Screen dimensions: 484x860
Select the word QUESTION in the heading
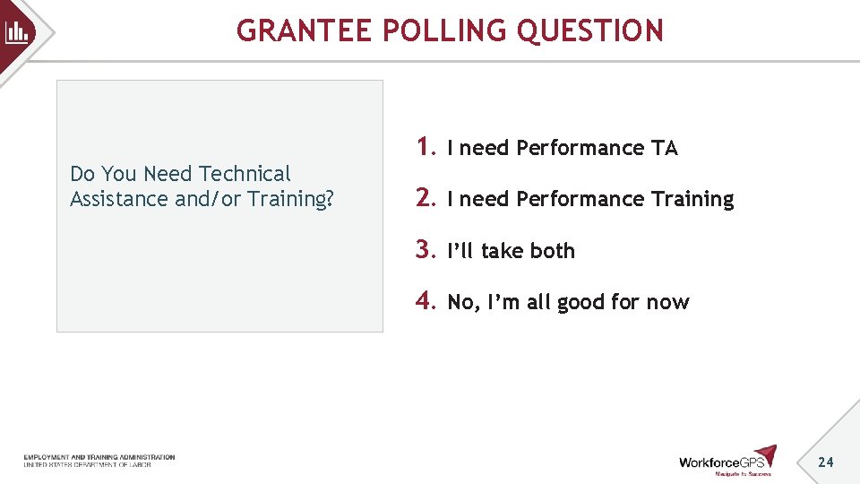coord(590,31)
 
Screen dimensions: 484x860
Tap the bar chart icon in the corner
coord(17,33)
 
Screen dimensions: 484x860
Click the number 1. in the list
coord(426,147)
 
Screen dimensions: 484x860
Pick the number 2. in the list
coord(426,198)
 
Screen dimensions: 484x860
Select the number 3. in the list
coord(426,250)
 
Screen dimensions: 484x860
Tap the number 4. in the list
coord(426,301)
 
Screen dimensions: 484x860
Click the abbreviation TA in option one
coord(665,149)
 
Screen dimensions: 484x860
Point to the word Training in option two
coord(692,200)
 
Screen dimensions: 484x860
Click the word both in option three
coord(552,251)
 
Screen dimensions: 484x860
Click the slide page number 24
coord(826,462)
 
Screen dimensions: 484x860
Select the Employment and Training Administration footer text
coord(99,457)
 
